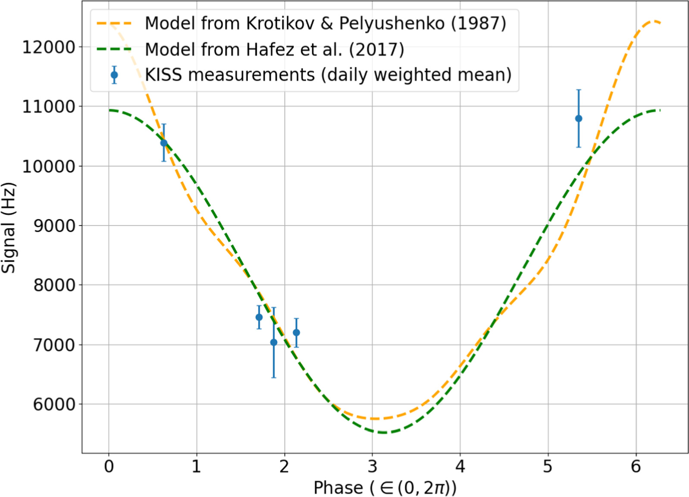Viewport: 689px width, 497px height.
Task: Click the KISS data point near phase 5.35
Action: tap(579, 118)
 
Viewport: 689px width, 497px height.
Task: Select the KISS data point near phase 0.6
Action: tap(163, 143)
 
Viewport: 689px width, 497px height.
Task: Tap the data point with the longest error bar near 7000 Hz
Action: tap(273, 342)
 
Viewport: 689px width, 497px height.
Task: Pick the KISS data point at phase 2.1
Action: tap(296, 332)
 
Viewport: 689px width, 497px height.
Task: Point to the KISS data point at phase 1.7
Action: tap(259, 317)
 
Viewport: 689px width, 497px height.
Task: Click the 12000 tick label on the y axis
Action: tap(48, 47)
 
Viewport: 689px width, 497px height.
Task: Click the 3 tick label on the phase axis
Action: tap(372, 466)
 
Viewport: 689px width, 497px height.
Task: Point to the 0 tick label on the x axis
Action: tap(109, 466)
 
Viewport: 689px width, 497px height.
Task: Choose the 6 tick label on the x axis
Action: tap(636, 466)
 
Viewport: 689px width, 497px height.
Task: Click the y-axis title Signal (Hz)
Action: tap(9, 228)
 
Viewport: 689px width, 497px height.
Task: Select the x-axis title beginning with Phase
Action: tap(385, 488)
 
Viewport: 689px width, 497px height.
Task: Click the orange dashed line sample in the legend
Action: tap(114, 23)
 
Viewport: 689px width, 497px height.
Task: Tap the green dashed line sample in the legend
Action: tap(114, 49)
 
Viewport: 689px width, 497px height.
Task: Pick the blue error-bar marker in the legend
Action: tap(114, 75)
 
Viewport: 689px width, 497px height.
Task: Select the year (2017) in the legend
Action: tap(376, 50)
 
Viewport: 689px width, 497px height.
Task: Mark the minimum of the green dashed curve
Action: tap(384, 432)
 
